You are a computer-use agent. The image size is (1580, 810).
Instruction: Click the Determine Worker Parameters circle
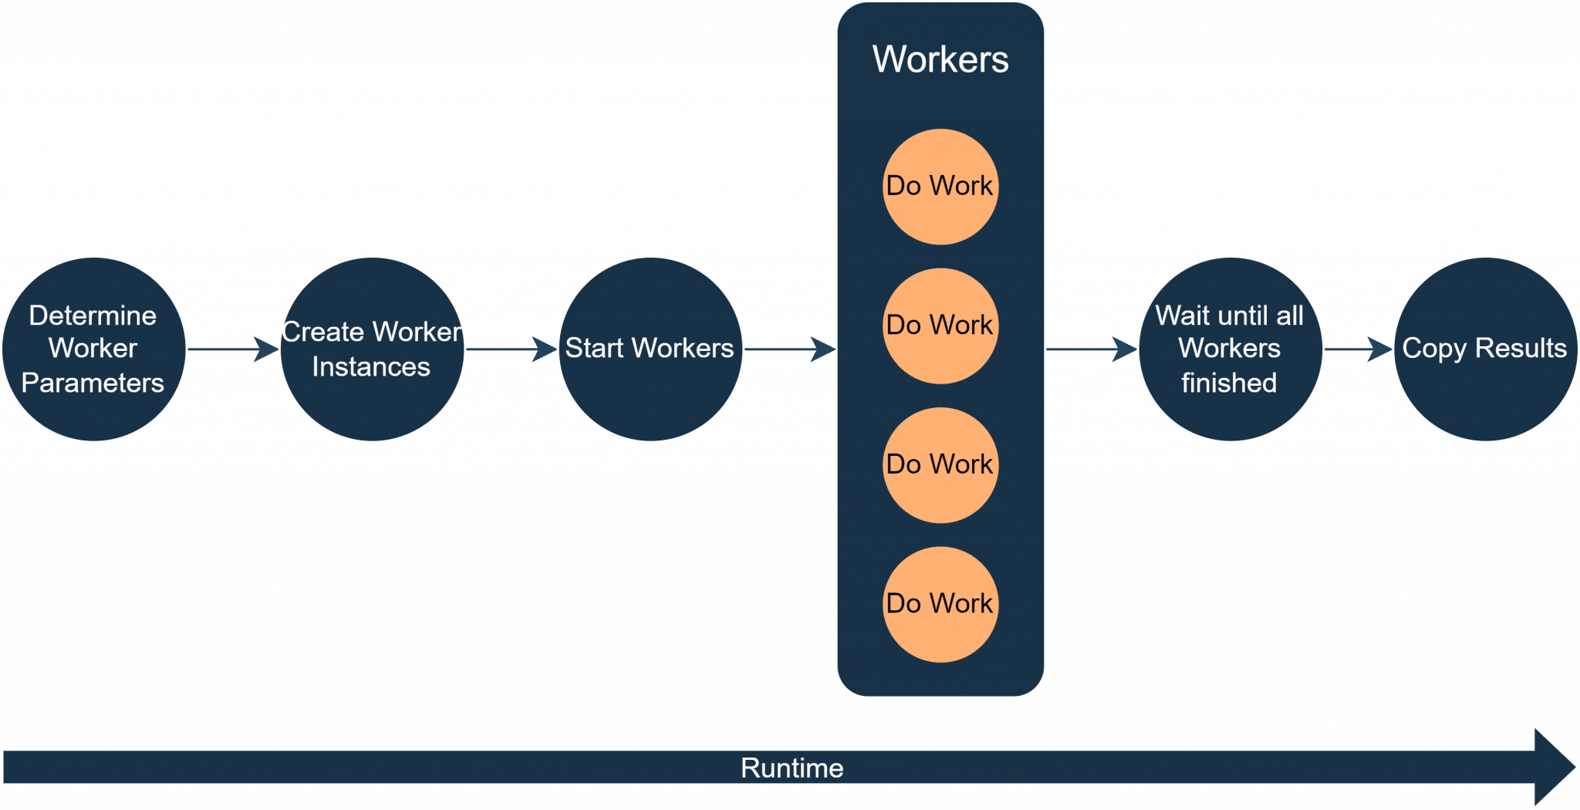pos(93,349)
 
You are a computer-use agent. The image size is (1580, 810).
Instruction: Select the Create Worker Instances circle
pos(372,349)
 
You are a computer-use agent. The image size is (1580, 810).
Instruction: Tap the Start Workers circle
pos(650,349)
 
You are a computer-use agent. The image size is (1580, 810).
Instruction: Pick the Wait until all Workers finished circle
pos(1230,349)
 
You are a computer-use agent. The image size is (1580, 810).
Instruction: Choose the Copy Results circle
pos(1484,349)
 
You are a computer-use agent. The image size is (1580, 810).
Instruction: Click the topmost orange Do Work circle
pos(940,186)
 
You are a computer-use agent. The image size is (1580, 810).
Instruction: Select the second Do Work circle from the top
pos(940,325)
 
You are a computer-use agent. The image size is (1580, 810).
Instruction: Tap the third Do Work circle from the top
pos(940,464)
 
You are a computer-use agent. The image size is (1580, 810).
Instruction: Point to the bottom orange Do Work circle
pos(940,603)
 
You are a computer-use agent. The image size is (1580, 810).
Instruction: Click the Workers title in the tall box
pos(940,59)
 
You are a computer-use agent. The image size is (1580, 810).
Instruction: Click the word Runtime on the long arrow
pos(792,768)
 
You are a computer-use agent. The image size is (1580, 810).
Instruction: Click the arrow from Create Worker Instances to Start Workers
pos(511,349)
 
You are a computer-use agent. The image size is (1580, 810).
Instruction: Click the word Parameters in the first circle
pos(93,383)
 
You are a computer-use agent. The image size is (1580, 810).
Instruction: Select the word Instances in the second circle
pos(371,367)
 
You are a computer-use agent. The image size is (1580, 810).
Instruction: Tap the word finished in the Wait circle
pos(1229,383)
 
